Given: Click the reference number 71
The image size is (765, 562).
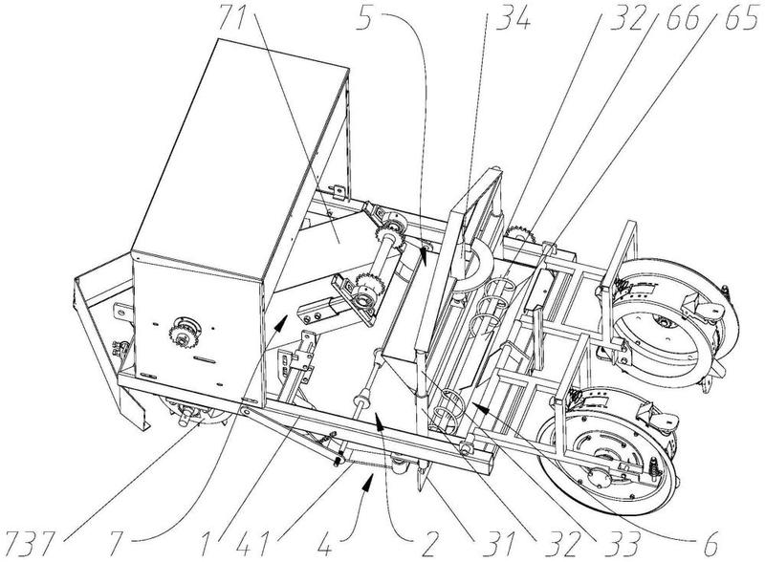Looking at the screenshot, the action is pyautogui.click(x=236, y=17).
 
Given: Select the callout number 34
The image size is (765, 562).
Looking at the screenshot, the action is pyautogui.click(x=513, y=17).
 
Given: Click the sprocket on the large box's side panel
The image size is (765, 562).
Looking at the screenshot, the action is pyautogui.click(x=184, y=335).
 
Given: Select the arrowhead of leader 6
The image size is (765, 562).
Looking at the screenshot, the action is pyautogui.click(x=478, y=407).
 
